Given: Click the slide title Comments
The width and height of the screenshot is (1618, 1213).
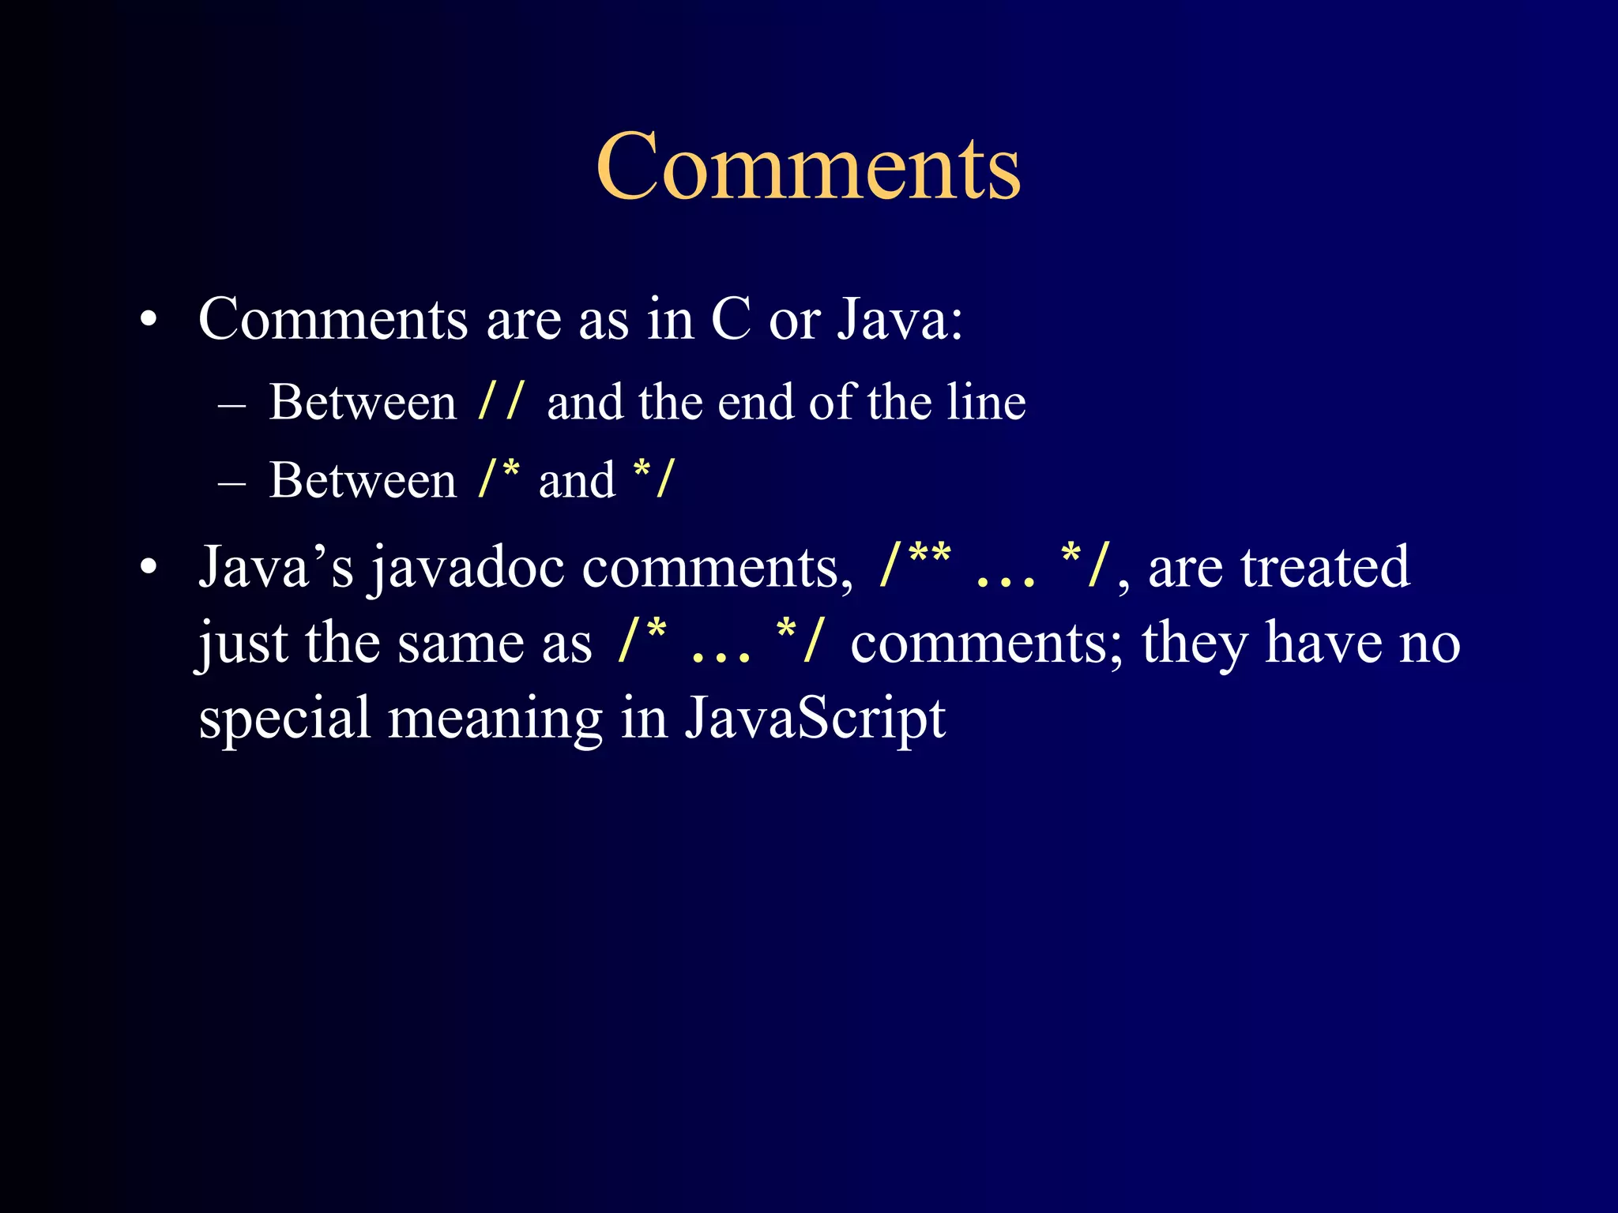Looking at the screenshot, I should (808, 167).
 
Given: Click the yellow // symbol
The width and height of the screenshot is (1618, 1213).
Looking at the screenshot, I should (501, 401).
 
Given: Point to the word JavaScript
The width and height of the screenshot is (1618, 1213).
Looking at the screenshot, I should (815, 719).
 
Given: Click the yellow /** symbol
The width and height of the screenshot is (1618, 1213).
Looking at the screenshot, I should (915, 565).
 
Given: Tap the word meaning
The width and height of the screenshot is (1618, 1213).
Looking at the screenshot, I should (495, 719).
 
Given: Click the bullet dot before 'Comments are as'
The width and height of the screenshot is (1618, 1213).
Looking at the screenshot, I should (148, 321).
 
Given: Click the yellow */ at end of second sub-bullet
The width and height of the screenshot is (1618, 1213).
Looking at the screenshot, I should (654, 479).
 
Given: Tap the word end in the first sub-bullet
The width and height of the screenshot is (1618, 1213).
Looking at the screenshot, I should (755, 401).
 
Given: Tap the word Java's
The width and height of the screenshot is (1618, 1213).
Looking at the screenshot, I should (276, 567).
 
